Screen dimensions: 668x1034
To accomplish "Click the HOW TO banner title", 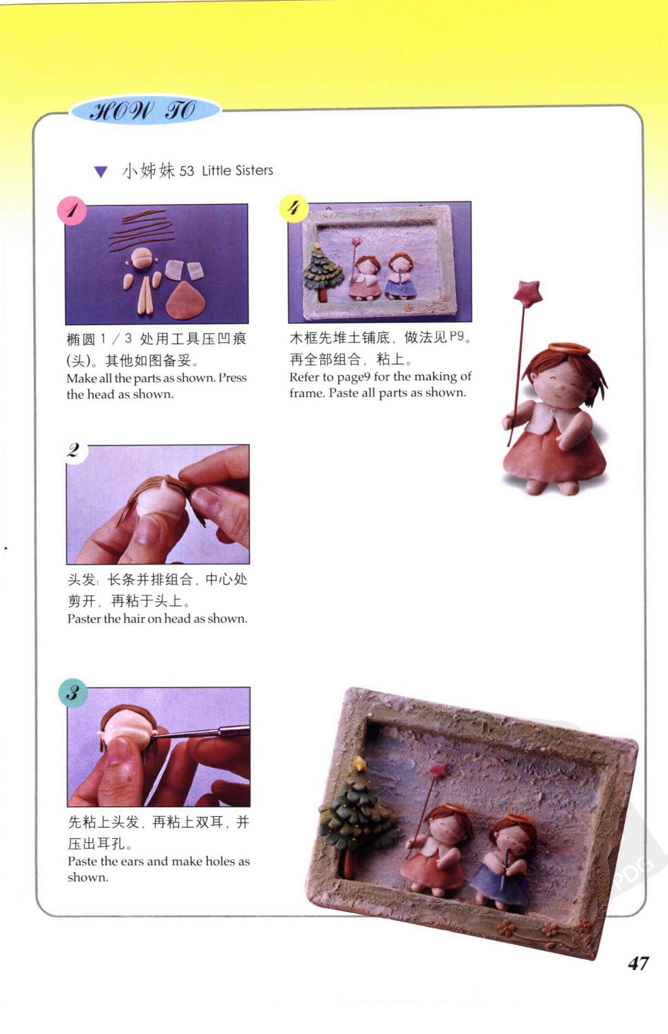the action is pyautogui.click(x=143, y=112).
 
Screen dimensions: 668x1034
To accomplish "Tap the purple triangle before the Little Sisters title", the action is pyautogui.click(x=101, y=171).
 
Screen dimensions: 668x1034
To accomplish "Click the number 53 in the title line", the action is pyautogui.click(x=186, y=171).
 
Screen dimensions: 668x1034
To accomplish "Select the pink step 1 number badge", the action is pyautogui.click(x=71, y=210).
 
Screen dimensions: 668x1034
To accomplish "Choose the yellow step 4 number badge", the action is pyautogui.click(x=294, y=207).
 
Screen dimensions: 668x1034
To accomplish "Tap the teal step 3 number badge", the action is pyautogui.click(x=73, y=693).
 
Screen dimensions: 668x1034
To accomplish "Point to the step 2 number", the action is pyautogui.click(x=73, y=450).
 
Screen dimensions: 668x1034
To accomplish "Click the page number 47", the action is pyautogui.click(x=639, y=963).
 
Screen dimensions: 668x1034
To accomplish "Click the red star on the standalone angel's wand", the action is pyautogui.click(x=528, y=293).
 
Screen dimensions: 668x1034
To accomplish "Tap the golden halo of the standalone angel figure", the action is pyautogui.click(x=568, y=349).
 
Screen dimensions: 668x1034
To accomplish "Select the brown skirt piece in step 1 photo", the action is pyautogui.click(x=186, y=300).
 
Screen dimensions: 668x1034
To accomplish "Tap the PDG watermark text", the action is pyautogui.click(x=633, y=872).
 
